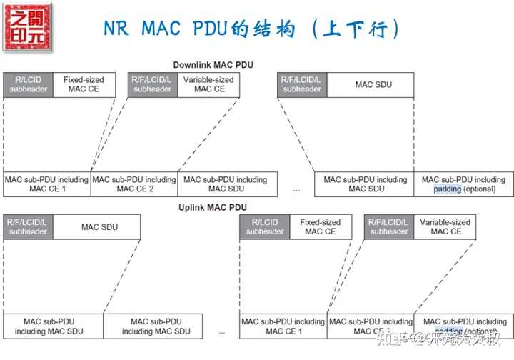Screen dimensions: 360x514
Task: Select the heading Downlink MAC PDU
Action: click(213, 65)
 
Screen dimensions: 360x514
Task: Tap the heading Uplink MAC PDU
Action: click(213, 207)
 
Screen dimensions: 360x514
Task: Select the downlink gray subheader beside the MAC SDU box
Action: click(301, 85)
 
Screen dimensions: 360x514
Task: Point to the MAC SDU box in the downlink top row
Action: click(373, 85)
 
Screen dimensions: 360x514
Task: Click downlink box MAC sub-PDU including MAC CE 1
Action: click(46, 184)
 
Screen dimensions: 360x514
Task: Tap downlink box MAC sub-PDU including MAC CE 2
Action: click(134, 184)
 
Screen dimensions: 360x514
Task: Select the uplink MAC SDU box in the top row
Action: click(99, 227)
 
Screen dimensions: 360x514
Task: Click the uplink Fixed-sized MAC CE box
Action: click(320, 227)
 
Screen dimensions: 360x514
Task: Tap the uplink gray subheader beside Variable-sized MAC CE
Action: click(389, 227)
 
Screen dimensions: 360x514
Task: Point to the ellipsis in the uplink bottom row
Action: click(222, 332)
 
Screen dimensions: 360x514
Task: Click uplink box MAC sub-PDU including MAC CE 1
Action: click(283, 326)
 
